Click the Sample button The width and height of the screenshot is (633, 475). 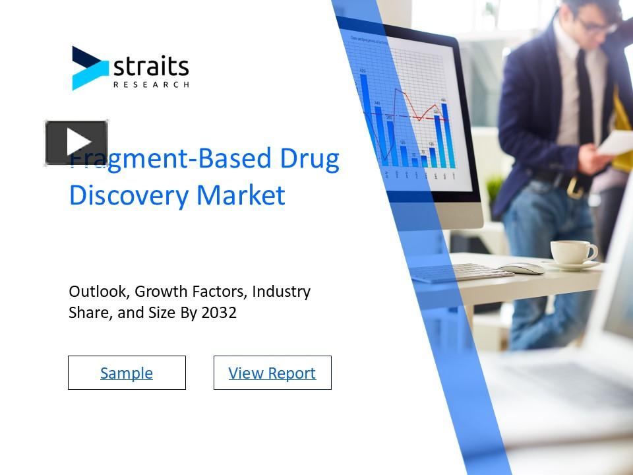point(127,373)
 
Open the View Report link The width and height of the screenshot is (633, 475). point(272,373)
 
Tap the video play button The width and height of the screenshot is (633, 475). point(76,142)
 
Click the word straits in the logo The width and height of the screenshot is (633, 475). point(151,67)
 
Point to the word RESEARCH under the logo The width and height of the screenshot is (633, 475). point(151,84)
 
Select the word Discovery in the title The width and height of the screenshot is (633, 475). point(119,195)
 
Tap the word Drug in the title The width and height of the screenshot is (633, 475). point(309,159)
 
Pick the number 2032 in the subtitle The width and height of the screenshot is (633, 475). point(219,313)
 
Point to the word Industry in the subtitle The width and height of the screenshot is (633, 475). point(281,292)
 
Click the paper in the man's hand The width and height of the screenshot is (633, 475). point(617,142)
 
